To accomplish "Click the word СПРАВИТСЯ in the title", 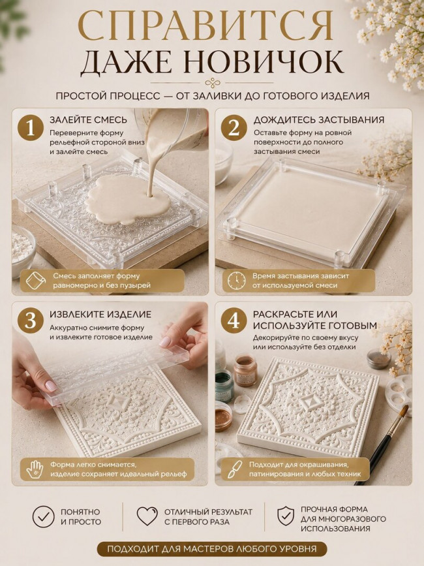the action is pyautogui.click(x=205, y=25).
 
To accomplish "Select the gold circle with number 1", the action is pyautogui.click(x=31, y=128).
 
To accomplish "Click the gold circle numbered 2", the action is pyautogui.click(x=234, y=128).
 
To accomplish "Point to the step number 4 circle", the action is pyautogui.click(x=234, y=321).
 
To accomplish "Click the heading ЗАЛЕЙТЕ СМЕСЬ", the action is pyautogui.click(x=88, y=120).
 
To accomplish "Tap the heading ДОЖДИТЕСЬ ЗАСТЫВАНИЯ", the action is pyautogui.click(x=319, y=120).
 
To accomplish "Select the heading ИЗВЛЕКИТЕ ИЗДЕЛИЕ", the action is pyautogui.click(x=100, y=314).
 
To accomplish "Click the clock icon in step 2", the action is pyautogui.click(x=235, y=281).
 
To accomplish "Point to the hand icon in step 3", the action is pyautogui.click(x=35, y=469).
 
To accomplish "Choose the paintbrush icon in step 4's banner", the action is pyautogui.click(x=235, y=469).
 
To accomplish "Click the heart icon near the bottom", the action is pyautogui.click(x=147, y=516).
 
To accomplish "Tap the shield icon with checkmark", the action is pyautogui.click(x=286, y=516).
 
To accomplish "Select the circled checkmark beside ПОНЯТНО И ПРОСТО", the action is pyautogui.click(x=43, y=516).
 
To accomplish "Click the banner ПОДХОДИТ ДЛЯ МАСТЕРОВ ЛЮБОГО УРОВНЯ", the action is pyautogui.click(x=211, y=549).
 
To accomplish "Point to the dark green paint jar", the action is pyautogui.click(x=224, y=386).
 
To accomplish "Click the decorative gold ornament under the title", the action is pyautogui.click(x=213, y=84).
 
